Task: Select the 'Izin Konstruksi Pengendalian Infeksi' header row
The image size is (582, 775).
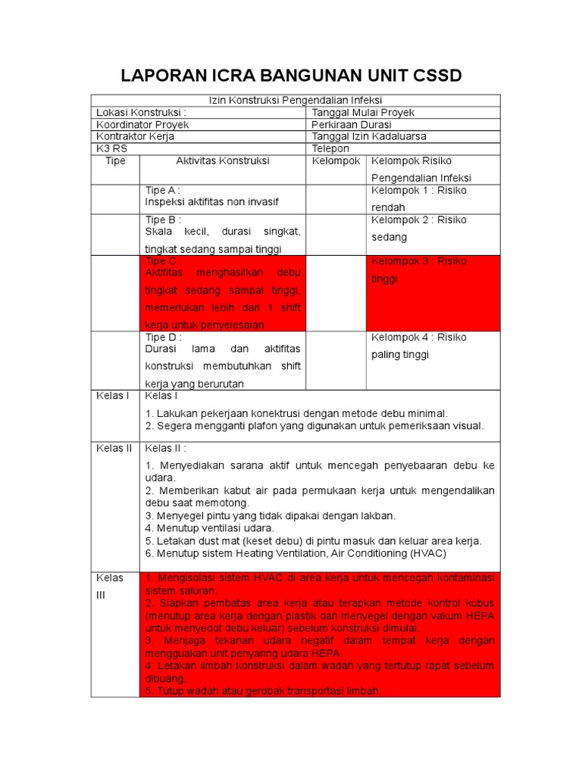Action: point(296,100)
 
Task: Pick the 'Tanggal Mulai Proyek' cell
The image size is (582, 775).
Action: point(363,112)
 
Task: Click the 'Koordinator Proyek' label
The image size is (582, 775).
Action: point(142,124)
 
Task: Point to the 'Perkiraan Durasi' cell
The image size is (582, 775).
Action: point(352,124)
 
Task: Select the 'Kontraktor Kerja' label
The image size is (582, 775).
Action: point(135,136)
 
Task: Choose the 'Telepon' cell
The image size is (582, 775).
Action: point(330,149)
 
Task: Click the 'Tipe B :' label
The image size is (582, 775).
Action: point(163,219)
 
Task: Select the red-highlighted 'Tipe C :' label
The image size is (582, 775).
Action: point(163,261)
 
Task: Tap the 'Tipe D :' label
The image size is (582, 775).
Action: point(163,338)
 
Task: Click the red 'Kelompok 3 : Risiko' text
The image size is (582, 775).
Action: point(418,261)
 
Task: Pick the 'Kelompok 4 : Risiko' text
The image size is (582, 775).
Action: point(418,338)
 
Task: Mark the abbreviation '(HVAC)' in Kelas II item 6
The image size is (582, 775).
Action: point(429,552)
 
